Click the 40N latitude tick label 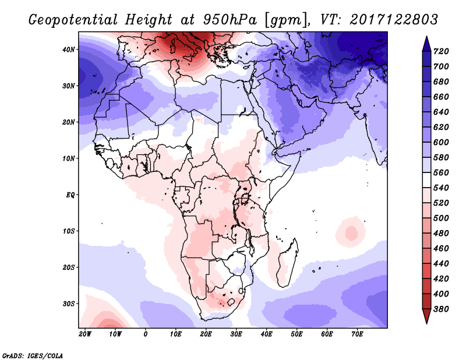69,50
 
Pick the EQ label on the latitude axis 70,195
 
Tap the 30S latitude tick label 69,303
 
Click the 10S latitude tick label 69,231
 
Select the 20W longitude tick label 85,334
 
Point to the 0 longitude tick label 146,334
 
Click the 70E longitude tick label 357,334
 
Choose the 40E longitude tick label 266,334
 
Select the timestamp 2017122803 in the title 394,19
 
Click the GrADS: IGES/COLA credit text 33,354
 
